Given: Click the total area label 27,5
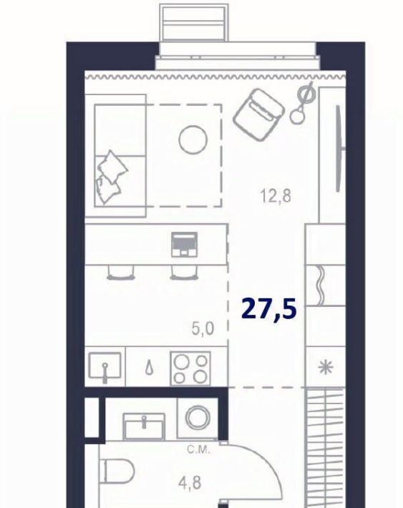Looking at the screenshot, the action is point(269,309).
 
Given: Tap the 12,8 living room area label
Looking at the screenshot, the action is point(276,196).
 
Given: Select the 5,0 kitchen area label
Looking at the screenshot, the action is point(203,329).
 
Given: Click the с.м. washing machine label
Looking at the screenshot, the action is point(200,449).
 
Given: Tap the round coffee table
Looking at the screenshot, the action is point(193,139).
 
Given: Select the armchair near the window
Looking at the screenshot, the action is point(258,114).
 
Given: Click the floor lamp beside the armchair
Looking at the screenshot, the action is point(303,103).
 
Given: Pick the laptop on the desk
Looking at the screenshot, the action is point(184,244).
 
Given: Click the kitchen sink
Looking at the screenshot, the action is point(105,366).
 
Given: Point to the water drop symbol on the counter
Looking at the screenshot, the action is point(149,368).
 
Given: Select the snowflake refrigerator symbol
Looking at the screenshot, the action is point(325,367).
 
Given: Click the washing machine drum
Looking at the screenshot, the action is point(198,417).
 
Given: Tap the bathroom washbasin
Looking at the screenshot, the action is point(144,426).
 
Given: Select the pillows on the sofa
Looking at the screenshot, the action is point(111,177).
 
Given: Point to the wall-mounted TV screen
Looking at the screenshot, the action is point(339,148).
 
